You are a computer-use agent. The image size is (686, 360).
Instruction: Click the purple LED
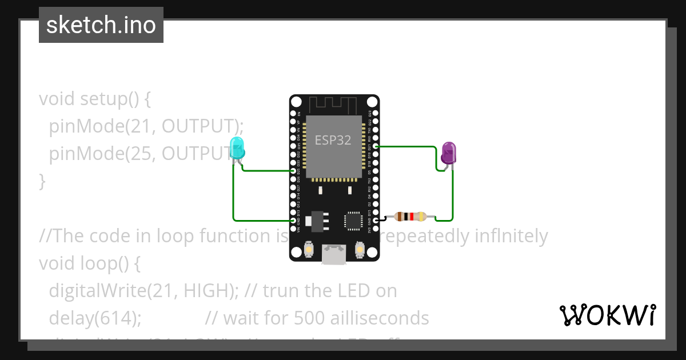click(449, 153)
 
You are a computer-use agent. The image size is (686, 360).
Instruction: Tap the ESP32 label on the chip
click(333, 140)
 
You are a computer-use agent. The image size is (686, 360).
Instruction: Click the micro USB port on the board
click(333, 254)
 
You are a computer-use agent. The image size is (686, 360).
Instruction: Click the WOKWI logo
click(608, 315)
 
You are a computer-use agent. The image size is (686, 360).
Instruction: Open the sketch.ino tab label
click(101, 25)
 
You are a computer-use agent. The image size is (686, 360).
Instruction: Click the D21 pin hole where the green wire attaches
click(376, 146)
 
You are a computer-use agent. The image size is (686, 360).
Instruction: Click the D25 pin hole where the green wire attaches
click(293, 170)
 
